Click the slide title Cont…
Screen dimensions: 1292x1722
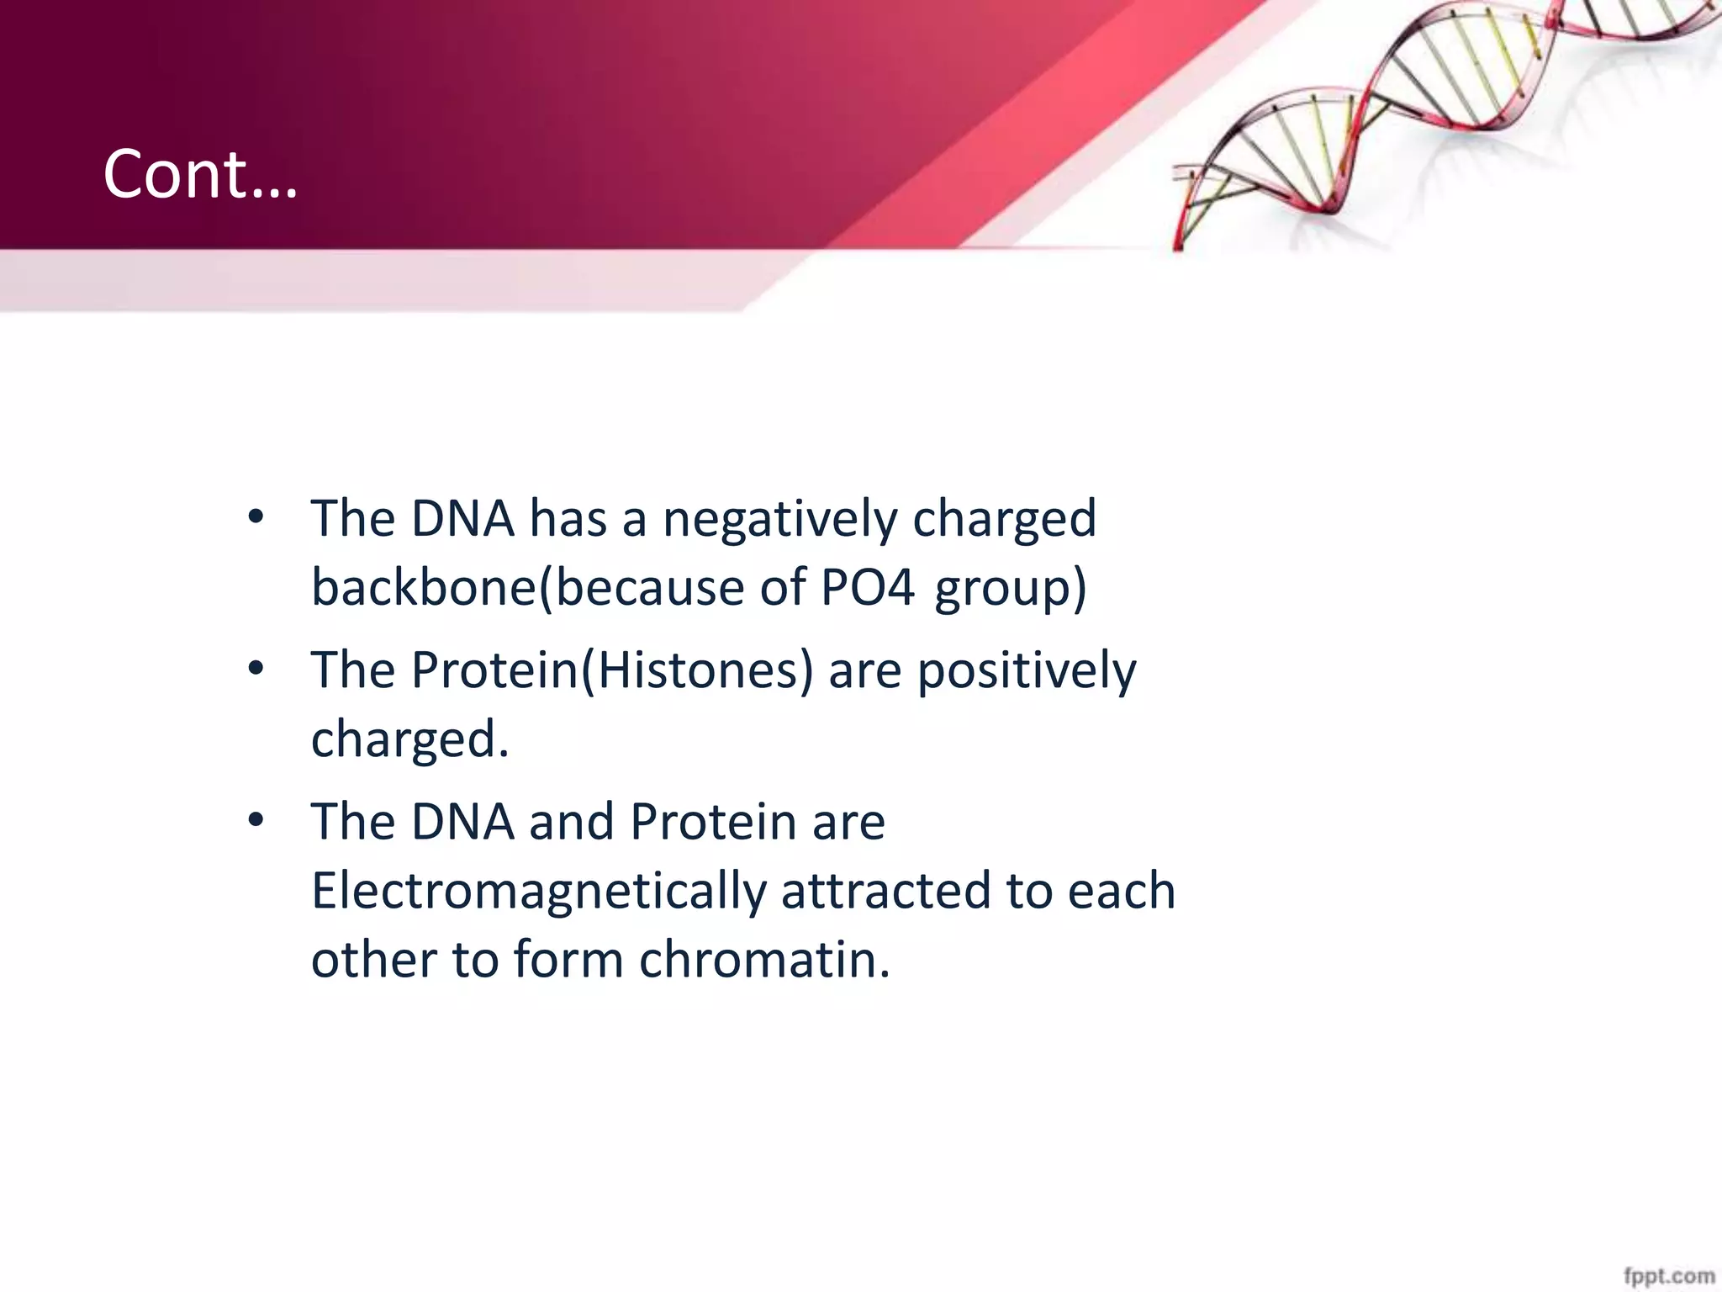tap(200, 174)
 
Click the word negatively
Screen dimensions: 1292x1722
tap(779, 519)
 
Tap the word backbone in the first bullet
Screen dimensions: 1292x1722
tap(423, 587)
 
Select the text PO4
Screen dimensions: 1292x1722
tap(867, 587)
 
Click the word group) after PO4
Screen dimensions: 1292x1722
tap(1011, 589)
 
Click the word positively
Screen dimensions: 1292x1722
tap(1026, 672)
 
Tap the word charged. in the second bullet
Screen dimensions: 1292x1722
tap(410, 740)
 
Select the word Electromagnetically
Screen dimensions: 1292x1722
tap(539, 892)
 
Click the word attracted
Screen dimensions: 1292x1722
tap(885, 892)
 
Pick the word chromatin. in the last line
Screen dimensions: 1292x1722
tap(763, 960)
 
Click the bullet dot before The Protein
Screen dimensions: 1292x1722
tap(256, 670)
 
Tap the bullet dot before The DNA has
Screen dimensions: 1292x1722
tap(256, 517)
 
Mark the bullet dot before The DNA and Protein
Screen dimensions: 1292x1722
tap(256, 820)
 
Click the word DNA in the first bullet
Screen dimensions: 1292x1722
tap(462, 518)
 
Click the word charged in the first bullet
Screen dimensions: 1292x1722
tap(1004, 519)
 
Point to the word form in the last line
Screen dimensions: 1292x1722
tap(568, 960)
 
